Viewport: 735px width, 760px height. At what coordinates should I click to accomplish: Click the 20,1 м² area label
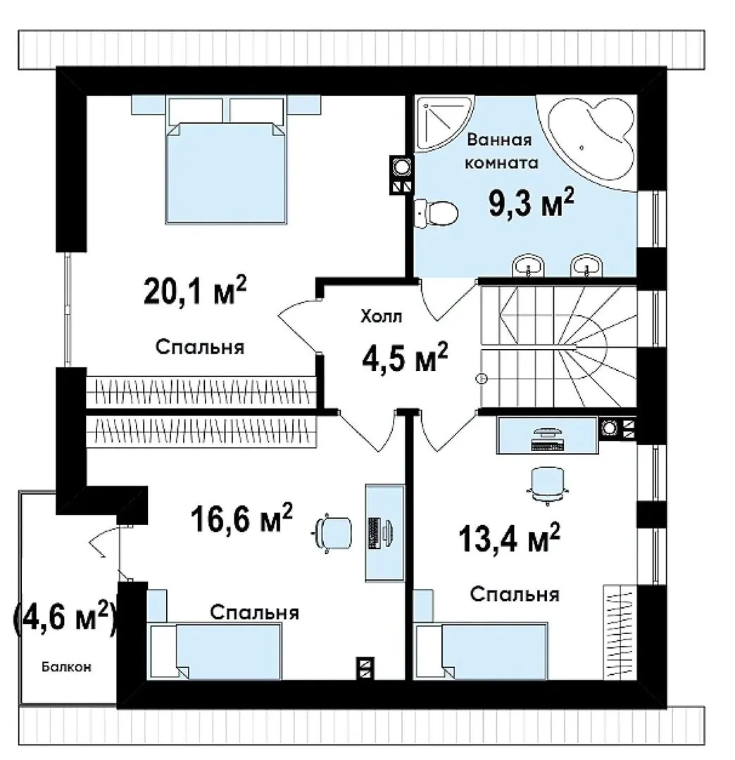point(195,291)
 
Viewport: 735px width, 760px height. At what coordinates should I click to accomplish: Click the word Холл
point(381,317)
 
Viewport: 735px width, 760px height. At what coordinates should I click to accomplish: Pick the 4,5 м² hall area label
point(405,357)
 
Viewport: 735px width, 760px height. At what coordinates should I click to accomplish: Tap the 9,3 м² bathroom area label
point(531,203)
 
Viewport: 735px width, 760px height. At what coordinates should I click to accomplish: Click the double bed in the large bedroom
point(225,160)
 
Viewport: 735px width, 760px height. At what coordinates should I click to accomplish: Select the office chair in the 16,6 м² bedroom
point(332,533)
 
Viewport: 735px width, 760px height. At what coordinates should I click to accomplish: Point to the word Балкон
point(66,667)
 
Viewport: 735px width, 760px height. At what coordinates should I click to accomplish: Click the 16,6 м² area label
point(241,518)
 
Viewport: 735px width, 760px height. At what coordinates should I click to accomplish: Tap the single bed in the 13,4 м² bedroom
point(481,651)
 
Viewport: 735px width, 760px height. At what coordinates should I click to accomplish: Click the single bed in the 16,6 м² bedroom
point(215,651)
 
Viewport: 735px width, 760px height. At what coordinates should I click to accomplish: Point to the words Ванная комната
point(501,151)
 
